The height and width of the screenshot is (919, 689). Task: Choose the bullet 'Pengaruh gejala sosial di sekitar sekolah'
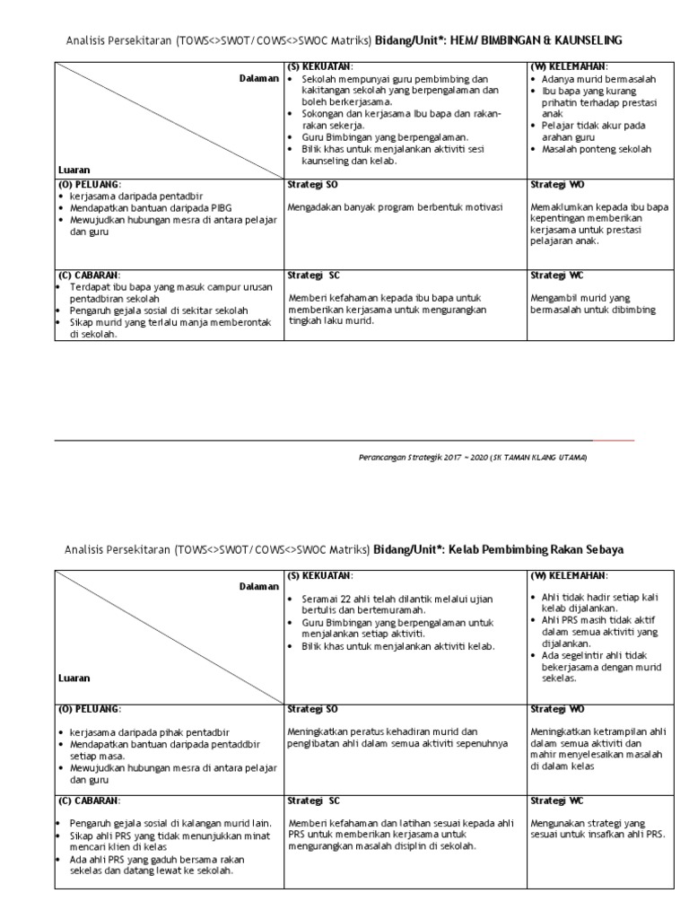click(x=161, y=310)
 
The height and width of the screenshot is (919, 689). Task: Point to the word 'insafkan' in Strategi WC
click(x=612, y=834)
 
